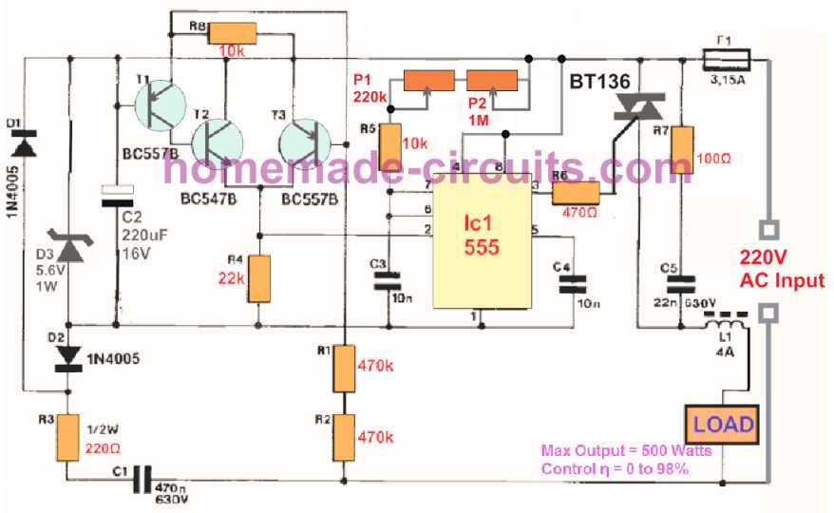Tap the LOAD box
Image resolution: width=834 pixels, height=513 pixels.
723,425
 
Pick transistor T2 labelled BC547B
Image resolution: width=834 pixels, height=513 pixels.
218,142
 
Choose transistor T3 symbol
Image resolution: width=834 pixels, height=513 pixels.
304,142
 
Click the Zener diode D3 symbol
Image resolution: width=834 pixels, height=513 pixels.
70,249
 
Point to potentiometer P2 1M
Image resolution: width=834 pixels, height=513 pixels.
492,82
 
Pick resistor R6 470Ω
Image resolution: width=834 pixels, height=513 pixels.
576,193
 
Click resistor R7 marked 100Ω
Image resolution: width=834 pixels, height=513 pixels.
682,150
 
